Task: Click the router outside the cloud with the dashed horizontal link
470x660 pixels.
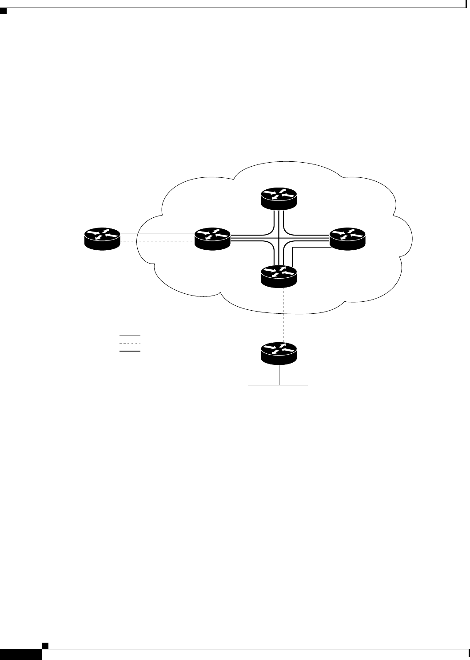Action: (x=102, y=238)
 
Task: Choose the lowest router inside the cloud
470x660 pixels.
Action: (x=278, y=275)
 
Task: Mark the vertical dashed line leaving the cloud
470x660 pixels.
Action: (x=283, y=316)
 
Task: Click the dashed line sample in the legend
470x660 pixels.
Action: (x=130, y=344)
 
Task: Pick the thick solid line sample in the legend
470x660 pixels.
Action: (x=130, y=351)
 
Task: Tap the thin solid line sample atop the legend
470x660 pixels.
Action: (x=130, y=336)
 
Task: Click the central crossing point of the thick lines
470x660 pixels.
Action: (x=278, y=238)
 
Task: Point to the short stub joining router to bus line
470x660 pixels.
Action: (x=279, y=375)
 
